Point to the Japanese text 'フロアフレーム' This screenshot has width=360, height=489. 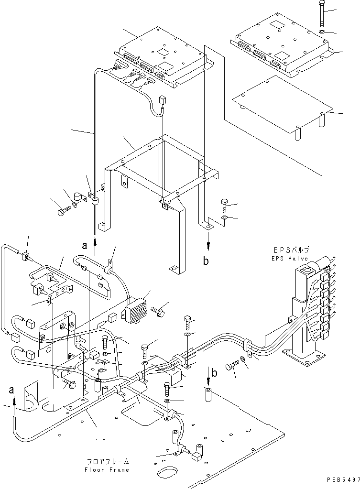pyautogui.click(x=108, y=462)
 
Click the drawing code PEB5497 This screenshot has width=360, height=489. pyautogui.click(x=343, y=479)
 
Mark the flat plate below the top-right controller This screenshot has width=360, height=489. pyautogui.click(x=282, y=103)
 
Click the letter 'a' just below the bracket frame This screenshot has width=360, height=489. pyautogui.click(x=85, y=246)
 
